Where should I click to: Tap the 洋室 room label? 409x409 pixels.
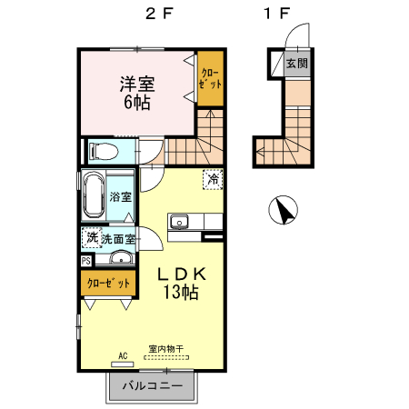[x=138, y=84]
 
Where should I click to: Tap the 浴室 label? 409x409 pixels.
[x=121, y=196]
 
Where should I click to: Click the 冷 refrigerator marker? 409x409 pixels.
[x=212, y=180]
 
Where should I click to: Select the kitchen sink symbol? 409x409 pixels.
[x=179, y=221]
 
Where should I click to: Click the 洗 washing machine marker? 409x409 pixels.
[x=91, y=238]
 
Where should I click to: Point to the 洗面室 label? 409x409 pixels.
[x=118, y=239]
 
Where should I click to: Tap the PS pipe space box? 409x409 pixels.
[x=85, y=261]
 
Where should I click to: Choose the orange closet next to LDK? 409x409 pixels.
[x=107, y=283]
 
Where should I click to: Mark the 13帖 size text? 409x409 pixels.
[x=182, y=292]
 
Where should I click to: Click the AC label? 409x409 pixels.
[x=121, y=355]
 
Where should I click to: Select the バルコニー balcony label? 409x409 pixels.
[x=152, y=386]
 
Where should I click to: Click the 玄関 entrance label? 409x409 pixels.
[x=295, y=64]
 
